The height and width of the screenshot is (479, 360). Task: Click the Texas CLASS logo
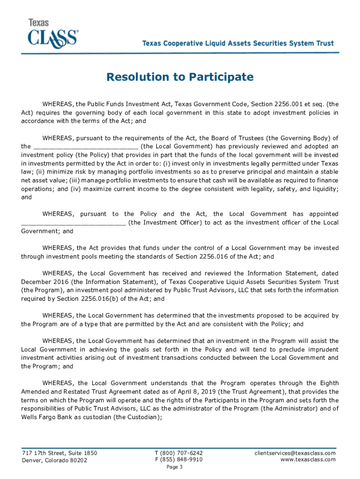click(x=53, y=33)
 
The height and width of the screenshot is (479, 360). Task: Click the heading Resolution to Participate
click(x=180, y=77)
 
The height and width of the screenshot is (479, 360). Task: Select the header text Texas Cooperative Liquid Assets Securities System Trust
click(x=238, y=44)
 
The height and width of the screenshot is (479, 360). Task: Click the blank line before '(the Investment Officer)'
click(x=73, y=223)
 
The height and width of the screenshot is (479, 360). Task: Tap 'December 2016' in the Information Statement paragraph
click(x=43, y=282)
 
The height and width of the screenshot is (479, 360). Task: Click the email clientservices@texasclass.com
click(x=295, y=453)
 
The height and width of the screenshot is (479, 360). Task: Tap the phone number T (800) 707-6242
click(x=179, y=453)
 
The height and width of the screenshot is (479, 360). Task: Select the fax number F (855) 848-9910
click(x=179, y=460)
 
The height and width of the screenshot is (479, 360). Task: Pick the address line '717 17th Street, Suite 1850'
click(x=59, y=453)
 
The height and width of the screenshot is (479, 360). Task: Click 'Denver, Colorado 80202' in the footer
click(x=54, y=460)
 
